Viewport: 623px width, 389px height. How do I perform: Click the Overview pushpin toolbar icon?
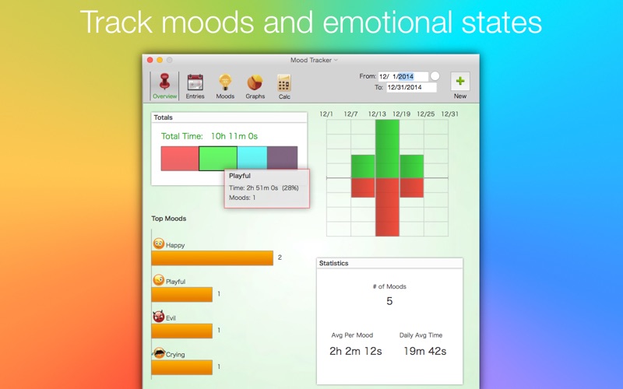coord(164,82)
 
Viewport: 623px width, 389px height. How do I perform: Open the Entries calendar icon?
coord(195,82)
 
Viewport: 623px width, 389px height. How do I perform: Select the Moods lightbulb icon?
coord(225,82)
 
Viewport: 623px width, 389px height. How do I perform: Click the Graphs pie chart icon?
coord(255,82)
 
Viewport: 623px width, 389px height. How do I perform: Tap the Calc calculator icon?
coord(284,82)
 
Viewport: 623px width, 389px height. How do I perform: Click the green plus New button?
coord(460,82)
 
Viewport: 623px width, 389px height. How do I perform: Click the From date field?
coord(403,76)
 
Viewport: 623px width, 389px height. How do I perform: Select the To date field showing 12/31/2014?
coord(412,87)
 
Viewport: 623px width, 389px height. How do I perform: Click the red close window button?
coord(150,60)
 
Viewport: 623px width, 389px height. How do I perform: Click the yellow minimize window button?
coord(160,60)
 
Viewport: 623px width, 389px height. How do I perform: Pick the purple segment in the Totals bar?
coord(283,158)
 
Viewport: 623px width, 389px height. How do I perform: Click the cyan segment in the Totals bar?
coord(252,158)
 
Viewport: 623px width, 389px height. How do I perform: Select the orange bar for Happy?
coord(212,258)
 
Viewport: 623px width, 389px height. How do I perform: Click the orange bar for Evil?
coord(182,331)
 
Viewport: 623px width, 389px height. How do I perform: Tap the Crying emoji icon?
coord(160,353)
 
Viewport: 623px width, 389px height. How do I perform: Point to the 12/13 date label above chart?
coord(377,114)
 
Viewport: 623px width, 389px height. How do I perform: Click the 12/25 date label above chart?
coord(425,114)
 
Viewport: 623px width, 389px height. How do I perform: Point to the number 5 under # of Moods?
coord(389,301)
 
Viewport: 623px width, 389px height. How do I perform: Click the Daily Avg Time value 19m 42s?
coord(424,352)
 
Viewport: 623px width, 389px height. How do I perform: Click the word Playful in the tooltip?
coord(240,176)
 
